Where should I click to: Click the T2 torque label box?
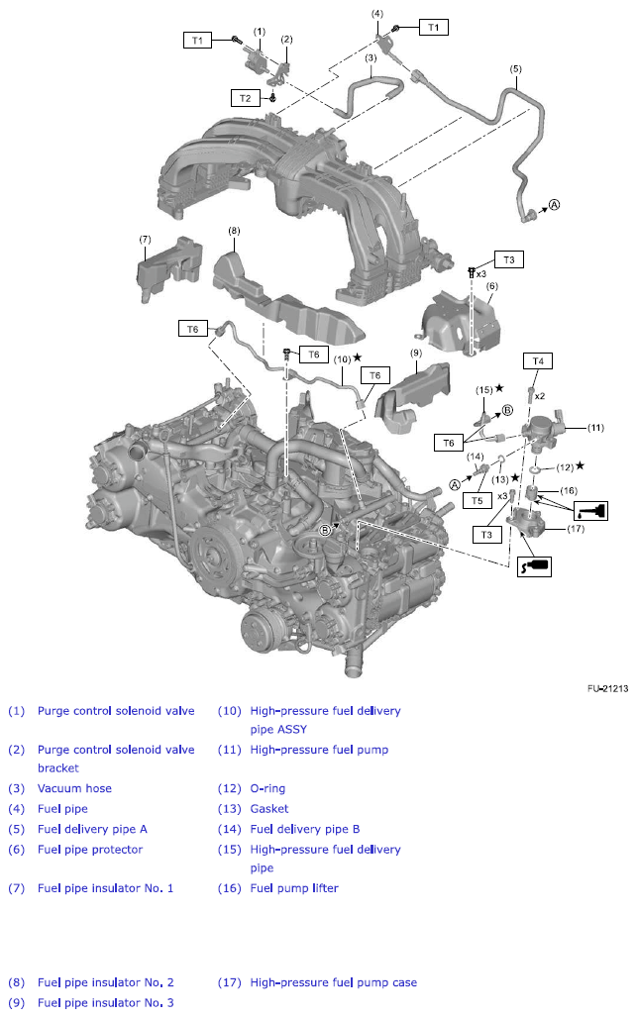[245, 97]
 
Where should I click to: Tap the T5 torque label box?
[478, 501]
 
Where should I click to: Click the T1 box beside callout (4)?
[432, 28]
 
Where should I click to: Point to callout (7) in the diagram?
[145, 239]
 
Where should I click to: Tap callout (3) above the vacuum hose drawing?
[370, 58]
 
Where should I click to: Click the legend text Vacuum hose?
[74, 788]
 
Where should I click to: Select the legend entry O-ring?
[269, 788]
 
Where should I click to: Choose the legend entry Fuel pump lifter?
[294, 888]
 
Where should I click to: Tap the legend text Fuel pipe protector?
[90, 849]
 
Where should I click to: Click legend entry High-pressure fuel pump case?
[333, 982]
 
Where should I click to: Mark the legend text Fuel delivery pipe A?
[92, 829]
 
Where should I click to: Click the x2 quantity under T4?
[539, 395]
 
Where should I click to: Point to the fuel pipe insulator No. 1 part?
[159, 266]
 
